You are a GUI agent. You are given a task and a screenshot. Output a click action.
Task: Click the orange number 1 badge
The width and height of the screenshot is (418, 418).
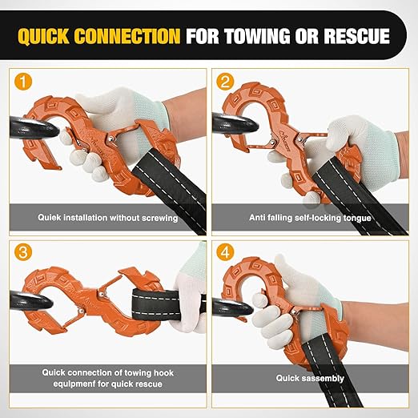click(x=23, y=82)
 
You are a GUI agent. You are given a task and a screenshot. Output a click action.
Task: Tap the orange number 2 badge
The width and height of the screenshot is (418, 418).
click(x=225, y=82)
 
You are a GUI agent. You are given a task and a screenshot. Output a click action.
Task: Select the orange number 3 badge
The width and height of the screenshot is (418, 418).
click(x=23, y=252)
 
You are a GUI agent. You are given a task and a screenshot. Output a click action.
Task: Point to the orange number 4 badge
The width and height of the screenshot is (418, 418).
click(x=225, y=252)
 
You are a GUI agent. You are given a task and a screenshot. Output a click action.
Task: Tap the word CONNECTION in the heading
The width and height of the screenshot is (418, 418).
click(x=127, y=36)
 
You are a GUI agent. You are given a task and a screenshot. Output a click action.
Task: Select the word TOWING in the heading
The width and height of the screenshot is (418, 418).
click(x=257, y=36)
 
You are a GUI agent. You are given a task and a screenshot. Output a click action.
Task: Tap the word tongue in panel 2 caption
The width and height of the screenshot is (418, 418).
click(x=357, y=219)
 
